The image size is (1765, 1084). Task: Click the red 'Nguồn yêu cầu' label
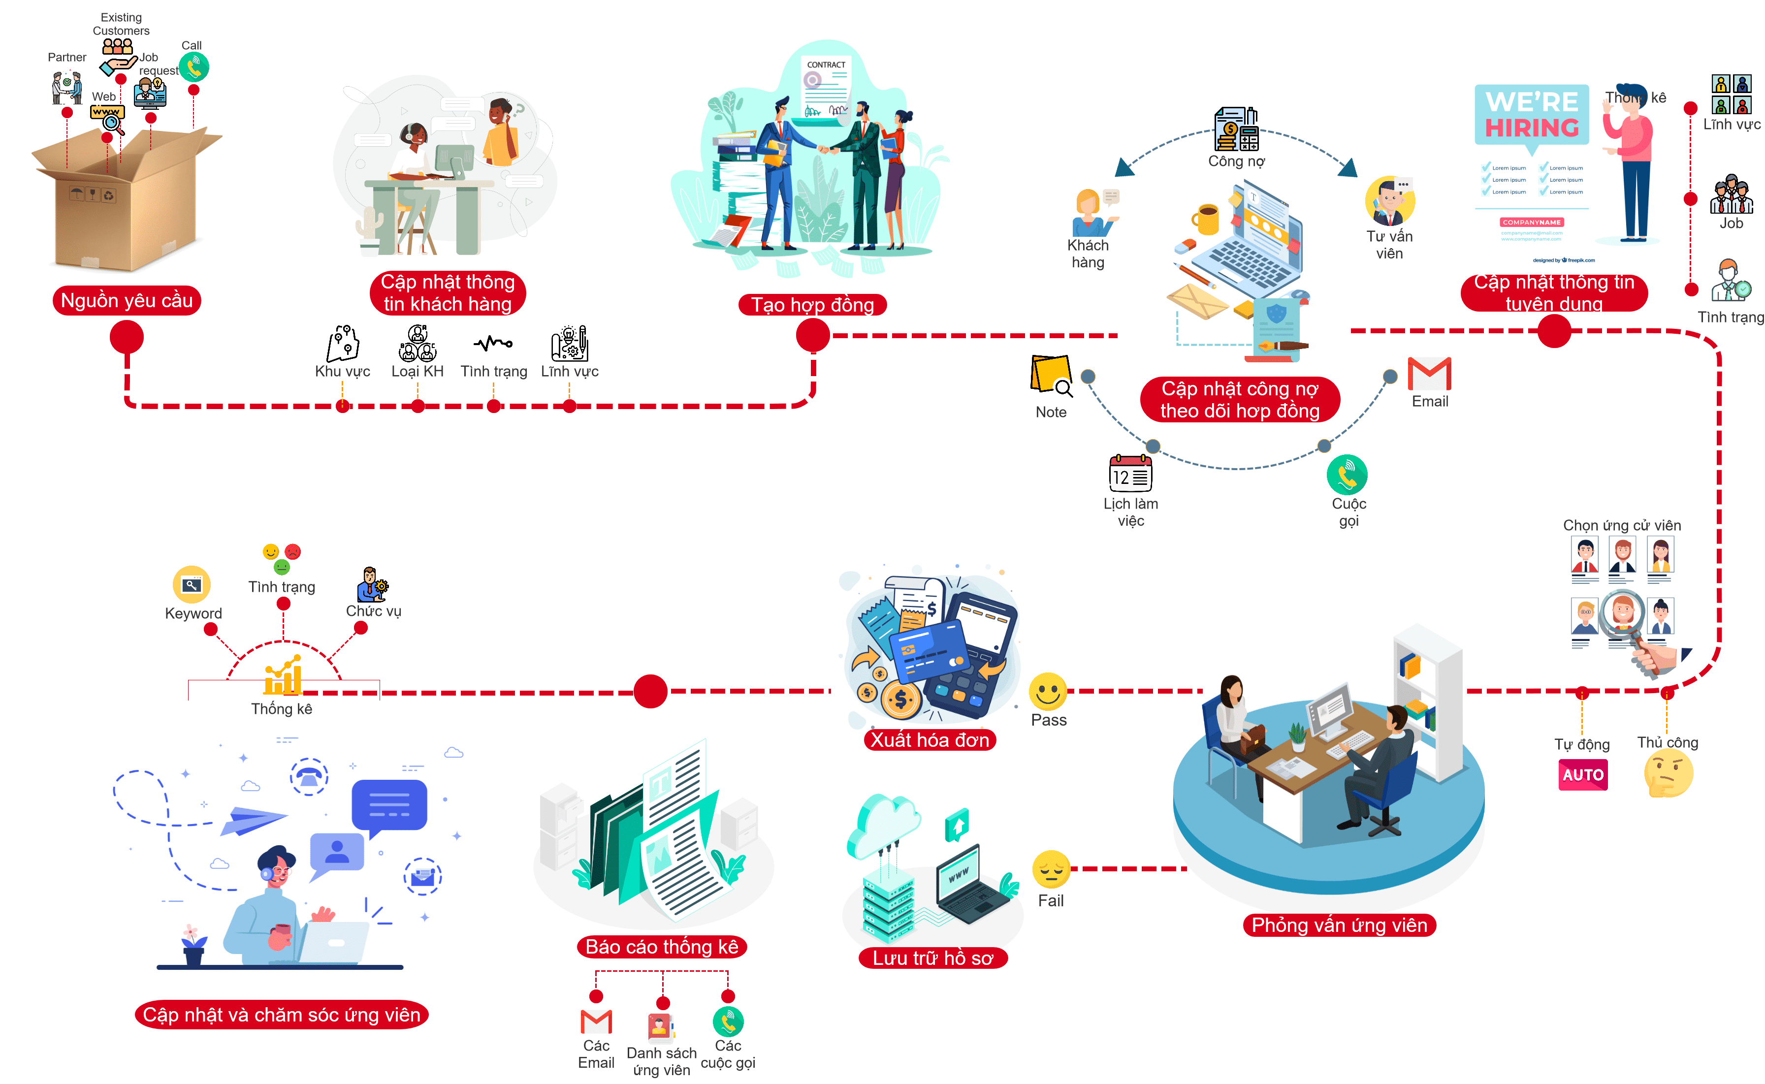127,300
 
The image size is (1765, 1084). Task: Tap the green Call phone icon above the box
193,67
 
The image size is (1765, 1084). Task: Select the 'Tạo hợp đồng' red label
812,305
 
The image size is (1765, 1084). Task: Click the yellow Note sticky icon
1050,374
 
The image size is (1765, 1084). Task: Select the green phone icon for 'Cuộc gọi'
1347,475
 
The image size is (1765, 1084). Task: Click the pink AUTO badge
1583,775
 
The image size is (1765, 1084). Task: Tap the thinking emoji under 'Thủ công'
1668,775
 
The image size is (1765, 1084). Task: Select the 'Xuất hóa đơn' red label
930,740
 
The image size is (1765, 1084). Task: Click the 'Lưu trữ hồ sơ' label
932,958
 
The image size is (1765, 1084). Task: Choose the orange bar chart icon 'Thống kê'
283,676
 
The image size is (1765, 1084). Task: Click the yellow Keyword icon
192,585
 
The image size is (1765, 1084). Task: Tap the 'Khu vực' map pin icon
343,344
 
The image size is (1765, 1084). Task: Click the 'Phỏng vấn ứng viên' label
1339,925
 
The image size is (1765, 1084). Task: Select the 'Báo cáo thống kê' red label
662,946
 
